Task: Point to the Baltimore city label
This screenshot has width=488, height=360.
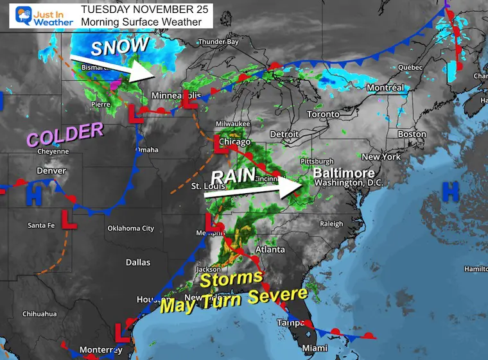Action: click(344, 173)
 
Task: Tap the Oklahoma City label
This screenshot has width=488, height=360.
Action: click(130, 228)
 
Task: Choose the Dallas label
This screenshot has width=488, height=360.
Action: click(137, 262)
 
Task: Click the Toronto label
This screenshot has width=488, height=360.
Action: click(323, 114)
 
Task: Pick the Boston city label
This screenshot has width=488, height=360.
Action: click(412, 134)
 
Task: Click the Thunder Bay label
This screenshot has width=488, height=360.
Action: click(218, 42)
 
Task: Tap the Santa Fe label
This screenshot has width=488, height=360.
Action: click(41, 225)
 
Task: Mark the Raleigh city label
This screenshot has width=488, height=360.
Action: click(332, 223)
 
